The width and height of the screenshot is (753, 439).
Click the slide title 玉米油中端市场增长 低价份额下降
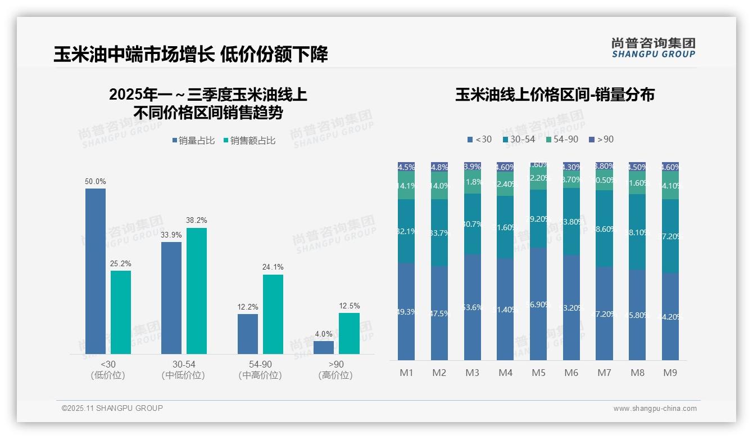tap(190, 55)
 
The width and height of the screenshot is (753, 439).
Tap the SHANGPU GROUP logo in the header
tap(653, 48)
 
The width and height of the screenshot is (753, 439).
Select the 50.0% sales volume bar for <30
tap(96, 271)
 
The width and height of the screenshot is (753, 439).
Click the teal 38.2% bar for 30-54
tap(197, 290)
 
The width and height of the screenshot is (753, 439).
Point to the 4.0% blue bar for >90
tap(324, 347)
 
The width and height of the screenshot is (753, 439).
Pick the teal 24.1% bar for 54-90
tap(273, 314)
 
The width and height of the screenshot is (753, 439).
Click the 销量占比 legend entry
tap(193, 141)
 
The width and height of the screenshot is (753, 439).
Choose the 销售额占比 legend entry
tap(249, 141)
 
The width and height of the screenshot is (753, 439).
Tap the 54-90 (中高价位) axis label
tap(260, 370)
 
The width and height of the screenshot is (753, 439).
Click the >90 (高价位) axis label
tap(335, 370)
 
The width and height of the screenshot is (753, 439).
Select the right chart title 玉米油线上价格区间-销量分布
tap(555, 95)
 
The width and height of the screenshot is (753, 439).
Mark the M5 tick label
tap(538, 373)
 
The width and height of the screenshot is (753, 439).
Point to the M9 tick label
tap(670, 373)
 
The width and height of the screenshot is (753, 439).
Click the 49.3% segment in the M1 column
tap(406, 311)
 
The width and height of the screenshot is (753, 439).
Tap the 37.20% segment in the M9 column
tap(670, 236)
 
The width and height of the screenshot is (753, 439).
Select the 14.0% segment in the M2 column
tap(439, 186)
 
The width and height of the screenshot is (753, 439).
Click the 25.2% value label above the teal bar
tap(121, 264)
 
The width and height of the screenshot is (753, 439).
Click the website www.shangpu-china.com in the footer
tap(655, 409)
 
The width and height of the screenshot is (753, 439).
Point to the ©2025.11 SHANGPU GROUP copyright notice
tap(112, 408)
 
